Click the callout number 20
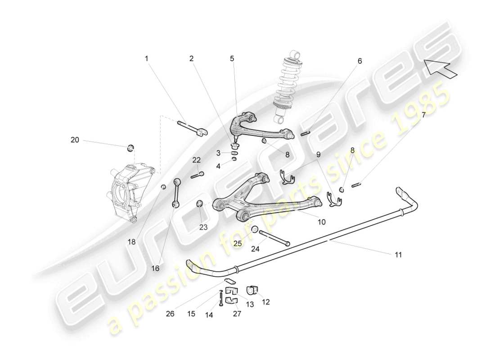75,140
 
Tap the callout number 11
398,255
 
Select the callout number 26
170,314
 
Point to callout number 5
232,58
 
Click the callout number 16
156,268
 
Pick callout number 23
203,227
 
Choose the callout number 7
423,115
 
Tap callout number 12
265,302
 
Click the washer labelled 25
254,229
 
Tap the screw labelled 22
197,175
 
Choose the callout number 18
131,242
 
